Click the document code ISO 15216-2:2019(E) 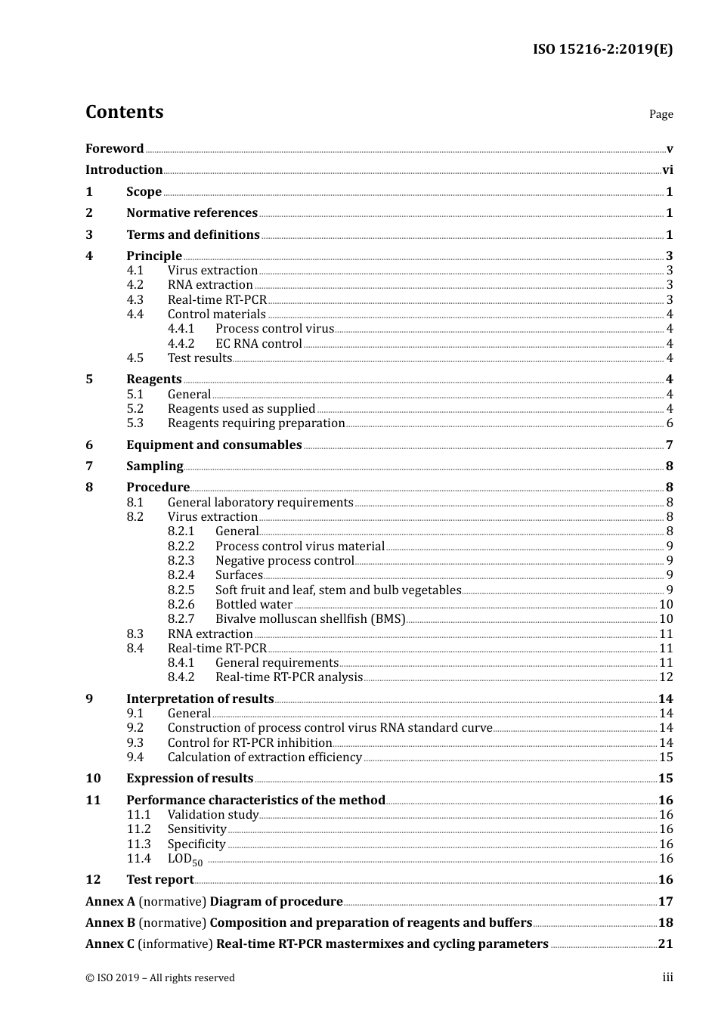(602, 50)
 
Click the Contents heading (124, 112)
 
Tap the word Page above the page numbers (661, 114)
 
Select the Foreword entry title (114, 148)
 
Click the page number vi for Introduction (667, 170)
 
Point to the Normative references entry (192, 213)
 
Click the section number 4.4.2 (181, 344)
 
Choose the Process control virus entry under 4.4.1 (274, 329)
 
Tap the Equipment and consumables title (214, 445)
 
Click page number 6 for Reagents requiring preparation (669, 423)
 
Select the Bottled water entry (254, 605)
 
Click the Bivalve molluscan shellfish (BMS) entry (310, 619)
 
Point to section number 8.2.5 (181, 590)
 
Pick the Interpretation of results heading (200, 699)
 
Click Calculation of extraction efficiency (265, 757)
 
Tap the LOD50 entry (184, 860)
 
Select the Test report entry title (160, 880)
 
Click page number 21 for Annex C (665, 944)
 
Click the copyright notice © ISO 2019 (160, 978)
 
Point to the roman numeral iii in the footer (667, 977)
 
